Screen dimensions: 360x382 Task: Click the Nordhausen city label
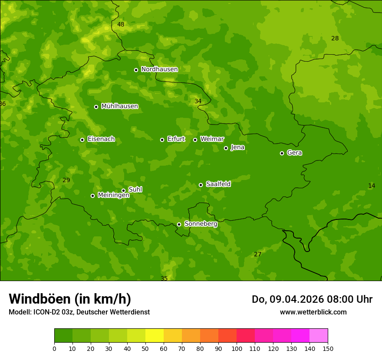tap(159, 69)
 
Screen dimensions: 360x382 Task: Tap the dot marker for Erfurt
tap(162, 140)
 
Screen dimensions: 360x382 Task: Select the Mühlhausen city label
tap(119, 106)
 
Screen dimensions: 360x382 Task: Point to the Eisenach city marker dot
tap(82, 140)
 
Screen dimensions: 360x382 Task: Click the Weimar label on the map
tap(212, 139)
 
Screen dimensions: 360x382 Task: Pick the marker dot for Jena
tap(226, 148)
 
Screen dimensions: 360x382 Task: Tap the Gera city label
tap(294, 153)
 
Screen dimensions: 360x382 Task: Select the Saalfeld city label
tap(218, 184)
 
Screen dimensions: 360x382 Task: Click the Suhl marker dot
tap(123, 190)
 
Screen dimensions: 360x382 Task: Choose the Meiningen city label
tap(113, 195)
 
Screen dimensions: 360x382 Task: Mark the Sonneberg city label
tap(201, 224)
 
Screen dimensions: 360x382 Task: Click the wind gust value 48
tap(121, 25)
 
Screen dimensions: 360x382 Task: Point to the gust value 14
tap(372, 186)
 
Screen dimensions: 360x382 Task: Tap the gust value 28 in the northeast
tap(335, 39)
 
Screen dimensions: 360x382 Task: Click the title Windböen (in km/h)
tap(70, 299)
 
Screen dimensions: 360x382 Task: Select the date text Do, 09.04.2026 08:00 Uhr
tap(312, 299)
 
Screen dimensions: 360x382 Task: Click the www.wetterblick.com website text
tap(313, 312)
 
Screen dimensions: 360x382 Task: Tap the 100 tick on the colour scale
tap(237, 348)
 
